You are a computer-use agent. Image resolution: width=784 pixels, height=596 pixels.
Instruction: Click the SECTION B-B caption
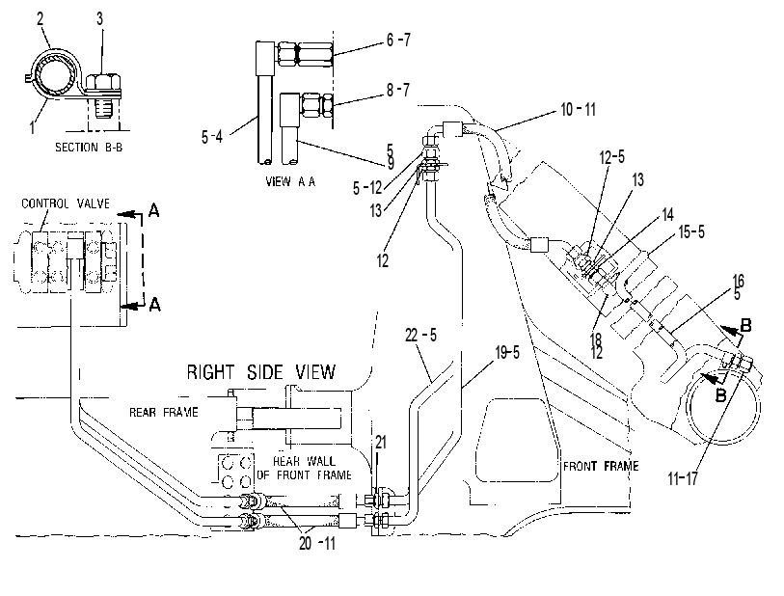(89, 147)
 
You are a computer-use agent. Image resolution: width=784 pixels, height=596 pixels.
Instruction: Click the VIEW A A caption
(290, 181)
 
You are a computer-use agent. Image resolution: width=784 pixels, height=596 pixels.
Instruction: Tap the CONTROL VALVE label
(66, 203)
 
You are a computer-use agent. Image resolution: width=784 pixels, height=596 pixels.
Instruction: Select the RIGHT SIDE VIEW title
(261, 372)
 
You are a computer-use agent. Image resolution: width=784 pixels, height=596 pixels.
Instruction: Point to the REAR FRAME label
(164, 412)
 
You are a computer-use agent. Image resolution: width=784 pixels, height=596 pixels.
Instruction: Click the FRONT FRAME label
(601, 466)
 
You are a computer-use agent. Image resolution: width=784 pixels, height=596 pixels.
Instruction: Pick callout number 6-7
(398, 40)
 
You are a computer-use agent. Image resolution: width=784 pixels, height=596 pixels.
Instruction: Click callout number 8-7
(398, 90)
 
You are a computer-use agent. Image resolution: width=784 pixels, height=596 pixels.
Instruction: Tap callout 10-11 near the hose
(579, 109)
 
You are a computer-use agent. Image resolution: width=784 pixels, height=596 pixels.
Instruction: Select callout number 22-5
(420, 335)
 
